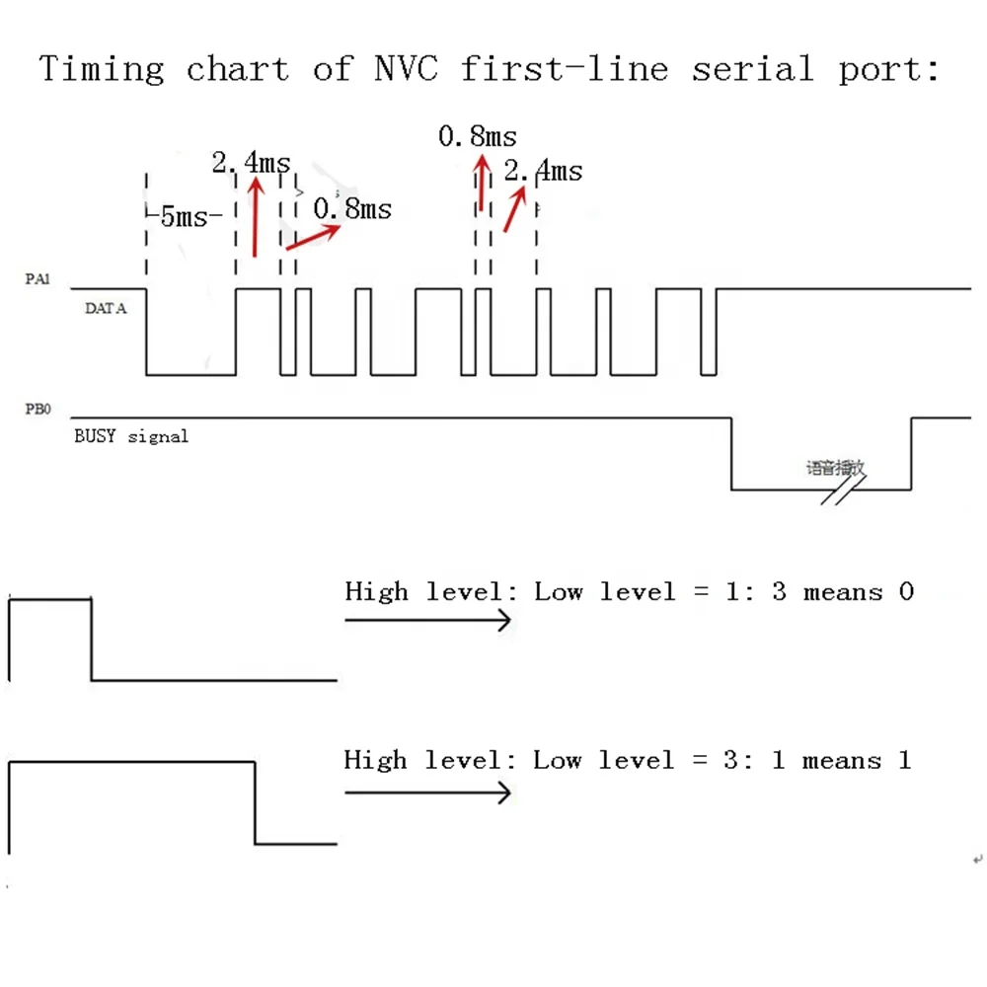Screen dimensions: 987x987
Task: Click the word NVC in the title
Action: (x=407, y=69)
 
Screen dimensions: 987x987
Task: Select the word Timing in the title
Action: (x=102, y=70)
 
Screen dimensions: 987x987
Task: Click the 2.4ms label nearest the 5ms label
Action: (x=252, y=163)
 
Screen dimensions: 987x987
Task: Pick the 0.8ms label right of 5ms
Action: (x=352, y=209)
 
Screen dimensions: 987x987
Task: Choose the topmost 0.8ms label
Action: (x=478, y=136)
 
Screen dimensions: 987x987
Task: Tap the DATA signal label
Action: (x=106, y=309)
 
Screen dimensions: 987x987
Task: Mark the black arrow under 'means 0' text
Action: (x=428, y=620)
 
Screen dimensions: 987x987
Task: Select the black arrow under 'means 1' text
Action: (x=428, y=792)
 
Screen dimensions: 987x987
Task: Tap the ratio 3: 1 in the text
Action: (x=755, y=761)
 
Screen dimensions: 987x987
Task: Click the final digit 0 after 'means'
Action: (x=905, y=592)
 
